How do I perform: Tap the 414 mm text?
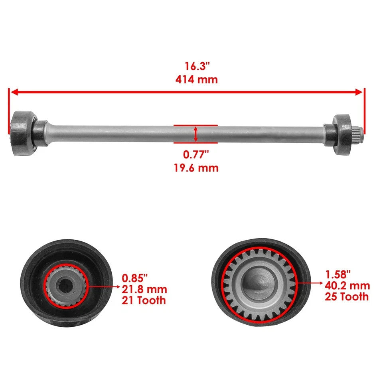[196, 79]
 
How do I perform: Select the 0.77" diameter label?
[196, 155]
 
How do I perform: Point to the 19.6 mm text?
[196, 168]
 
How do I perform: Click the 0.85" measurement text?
[134, 276]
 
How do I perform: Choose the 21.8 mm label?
[144, 289]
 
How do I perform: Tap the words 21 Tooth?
[144, 300]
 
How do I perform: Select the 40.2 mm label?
[347, 286]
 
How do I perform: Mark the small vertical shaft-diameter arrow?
[195, 134]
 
